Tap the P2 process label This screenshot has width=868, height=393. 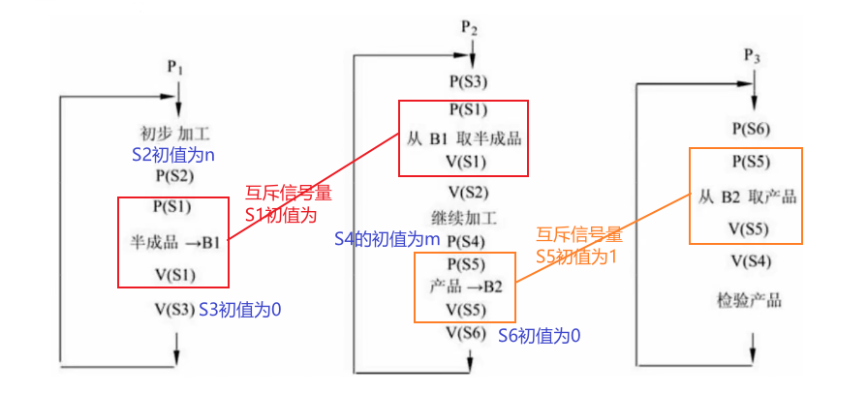469,29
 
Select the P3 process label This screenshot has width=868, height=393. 752,56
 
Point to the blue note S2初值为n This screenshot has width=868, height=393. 174,154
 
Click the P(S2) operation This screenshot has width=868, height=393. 174,176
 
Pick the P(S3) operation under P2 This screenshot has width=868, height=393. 469,81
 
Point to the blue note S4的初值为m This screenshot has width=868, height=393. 387,238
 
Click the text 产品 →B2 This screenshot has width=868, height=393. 466,287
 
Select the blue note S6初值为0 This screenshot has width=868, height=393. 540,335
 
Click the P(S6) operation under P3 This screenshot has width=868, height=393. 752,128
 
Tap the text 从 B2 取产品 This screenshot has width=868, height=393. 747,196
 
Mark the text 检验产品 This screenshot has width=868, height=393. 751,300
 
